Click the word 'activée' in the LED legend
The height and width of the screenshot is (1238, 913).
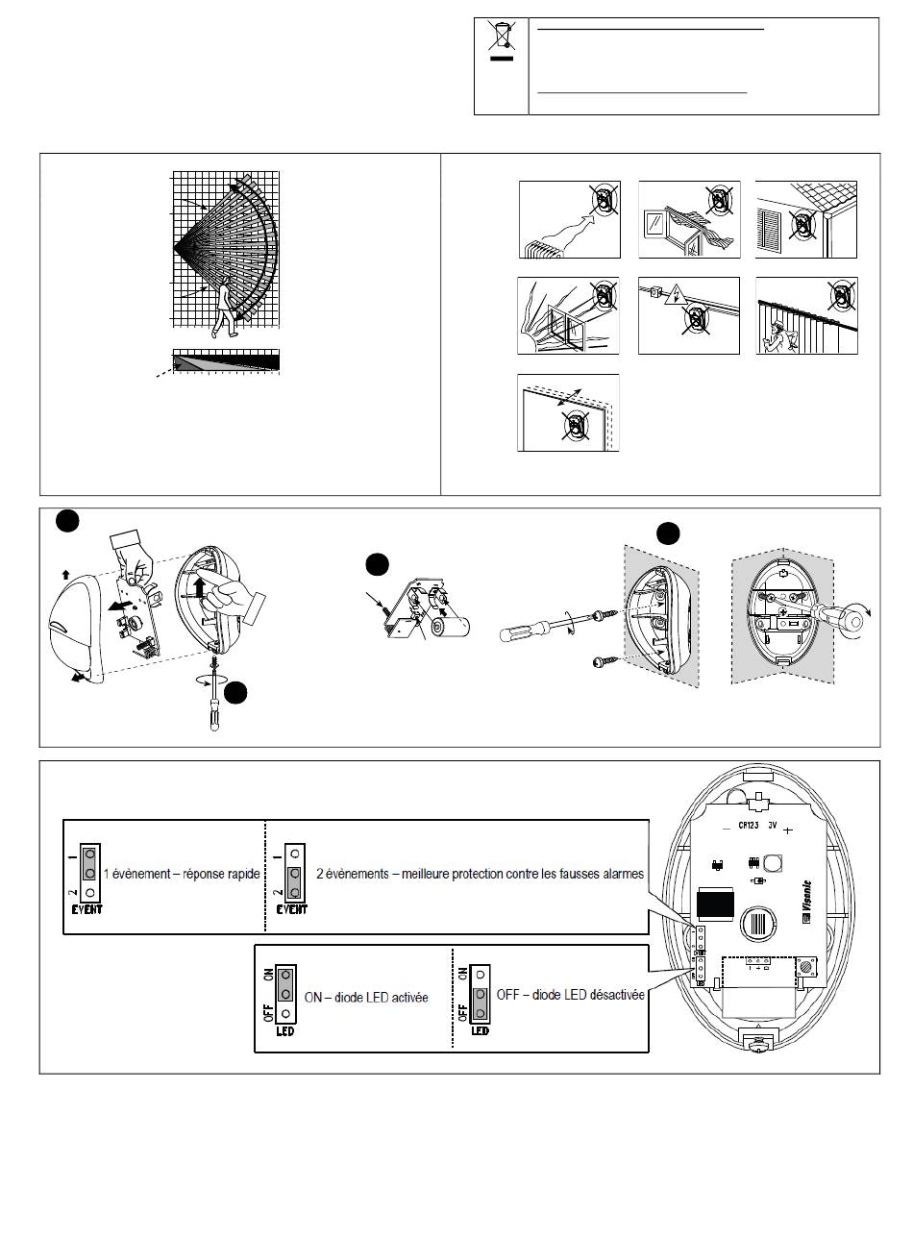[x=405, y=998]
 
